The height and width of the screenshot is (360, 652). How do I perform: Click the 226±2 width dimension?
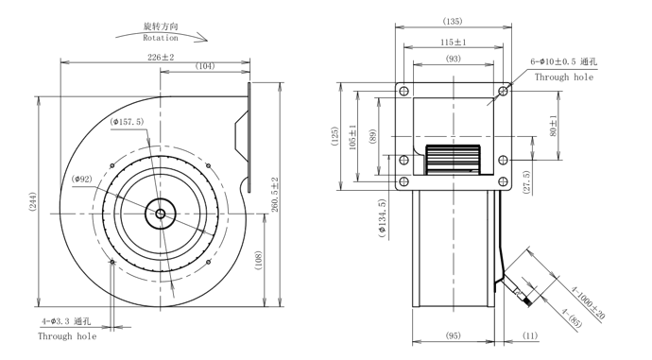[161, 57]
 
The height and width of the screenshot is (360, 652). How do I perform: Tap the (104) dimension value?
[205, 66]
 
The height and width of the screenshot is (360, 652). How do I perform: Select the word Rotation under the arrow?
[161, 38]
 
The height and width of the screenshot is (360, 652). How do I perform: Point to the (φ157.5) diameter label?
[127, 122]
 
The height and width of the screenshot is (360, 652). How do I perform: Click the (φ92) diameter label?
[82, 180]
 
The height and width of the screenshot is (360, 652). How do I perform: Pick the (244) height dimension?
[33, 202]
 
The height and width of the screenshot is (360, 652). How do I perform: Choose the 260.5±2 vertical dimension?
[275, 195]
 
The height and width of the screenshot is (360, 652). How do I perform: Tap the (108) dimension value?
[258, 261]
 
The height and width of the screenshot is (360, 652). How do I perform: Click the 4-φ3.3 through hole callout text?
[66, 321]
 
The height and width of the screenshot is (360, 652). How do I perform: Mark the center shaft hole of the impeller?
[161, 214]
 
